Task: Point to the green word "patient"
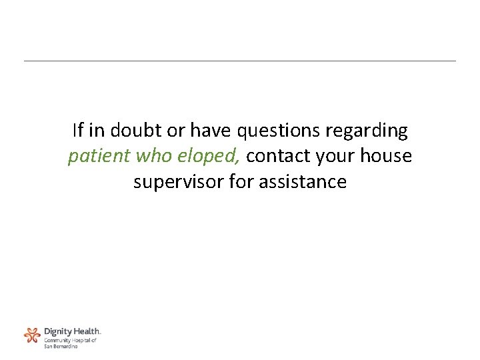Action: tap(99, 157)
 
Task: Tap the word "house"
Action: tap(386, 157)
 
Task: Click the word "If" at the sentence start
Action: tap(77, 131)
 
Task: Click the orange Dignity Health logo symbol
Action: tap(32, 335)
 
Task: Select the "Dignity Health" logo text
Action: tap(72, 331)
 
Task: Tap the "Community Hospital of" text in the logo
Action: tap(70, 340)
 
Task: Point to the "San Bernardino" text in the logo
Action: tap(61, 346)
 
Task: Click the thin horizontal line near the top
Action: tap(240, 61)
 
